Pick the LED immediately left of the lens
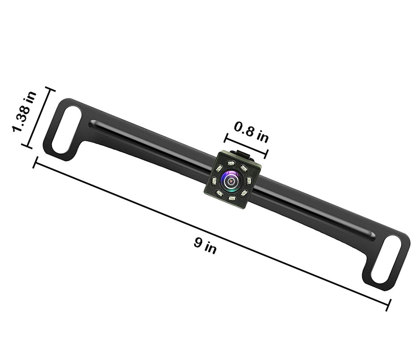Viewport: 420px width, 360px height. coord(214,181)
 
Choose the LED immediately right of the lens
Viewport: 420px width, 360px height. coord(249,180)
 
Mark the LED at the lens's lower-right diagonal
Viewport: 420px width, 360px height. coord(244,193)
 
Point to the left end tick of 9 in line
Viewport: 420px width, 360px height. coord(35,162)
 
